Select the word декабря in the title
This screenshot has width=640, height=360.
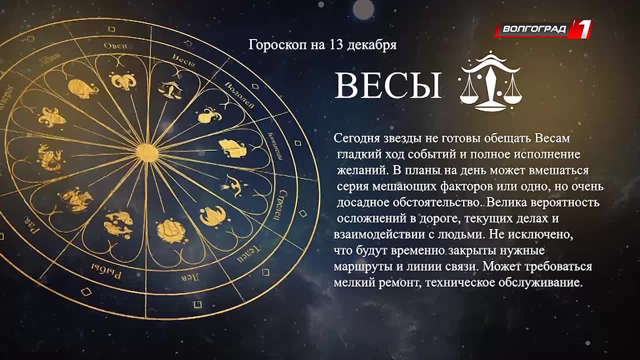[x=372, y=45]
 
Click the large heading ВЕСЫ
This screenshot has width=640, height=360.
[x=388, y=85]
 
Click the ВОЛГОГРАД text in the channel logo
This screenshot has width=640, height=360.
[x=534, y=29]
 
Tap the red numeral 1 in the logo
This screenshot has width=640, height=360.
[x=582, y=28]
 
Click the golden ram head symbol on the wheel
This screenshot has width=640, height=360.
[x=122, y=80]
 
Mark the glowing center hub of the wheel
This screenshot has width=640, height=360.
[x=146, y=151]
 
